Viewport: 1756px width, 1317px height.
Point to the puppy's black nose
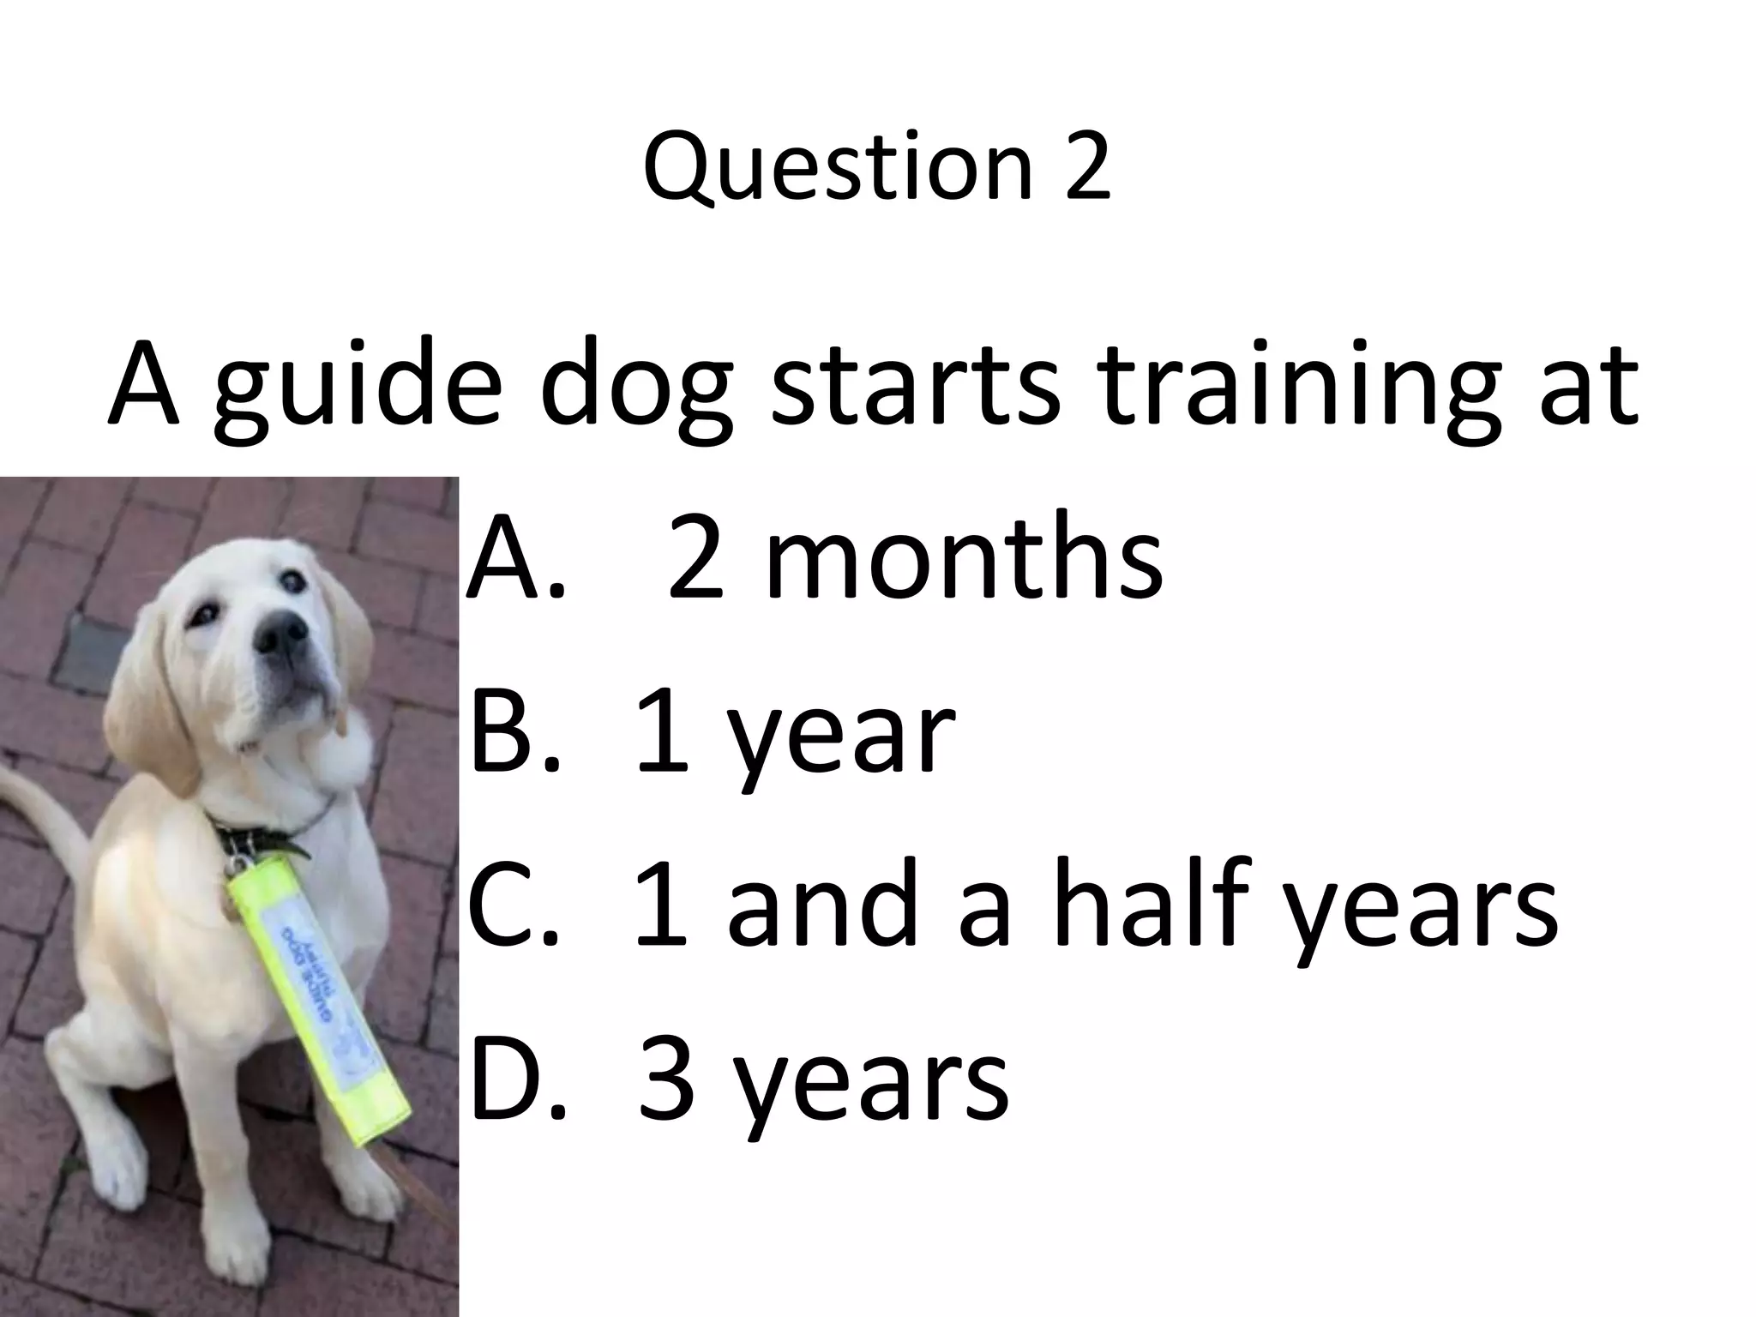point(281,632)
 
